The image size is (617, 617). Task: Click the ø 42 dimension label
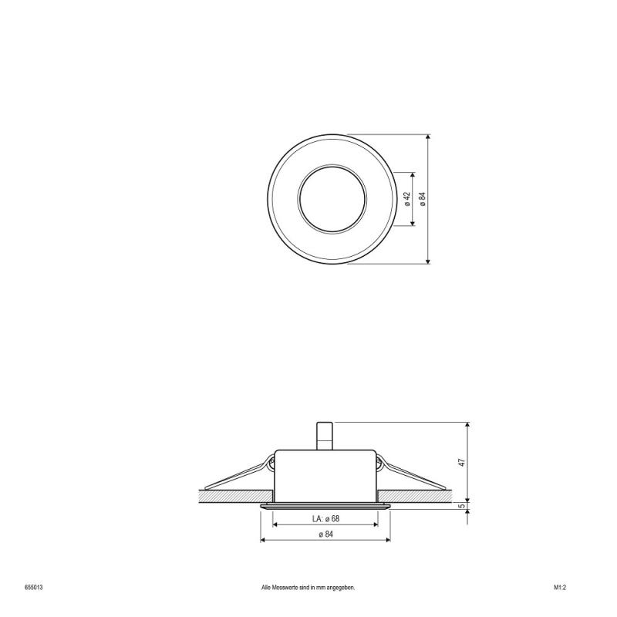(x=407, y=198)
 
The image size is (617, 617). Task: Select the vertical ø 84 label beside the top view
(x=423, y=198)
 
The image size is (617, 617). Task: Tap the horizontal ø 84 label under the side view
(x=325, y=534)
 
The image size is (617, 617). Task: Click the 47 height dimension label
(x=462, y=463)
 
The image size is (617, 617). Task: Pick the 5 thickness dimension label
(x=462, y=507)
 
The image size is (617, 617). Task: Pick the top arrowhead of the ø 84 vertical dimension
(x=429, y=136)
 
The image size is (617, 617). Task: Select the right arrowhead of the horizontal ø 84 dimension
(x=386, y=540)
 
